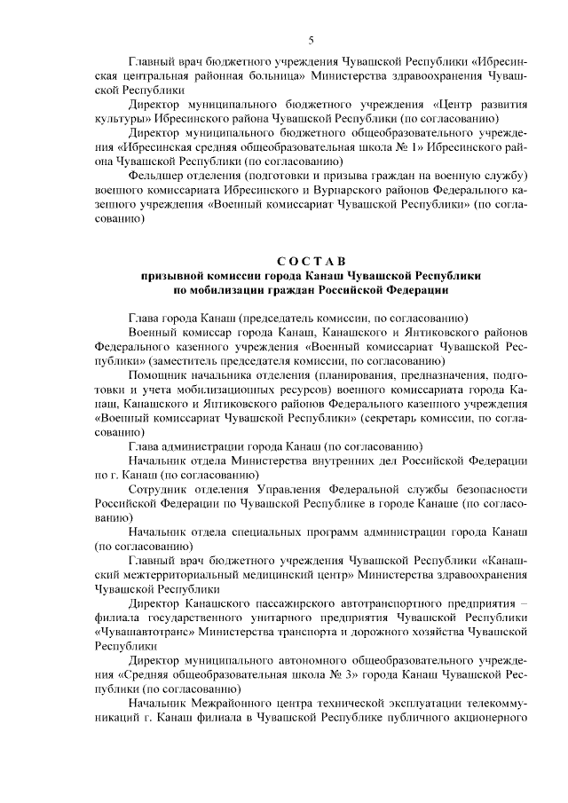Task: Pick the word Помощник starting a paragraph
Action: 158,374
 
